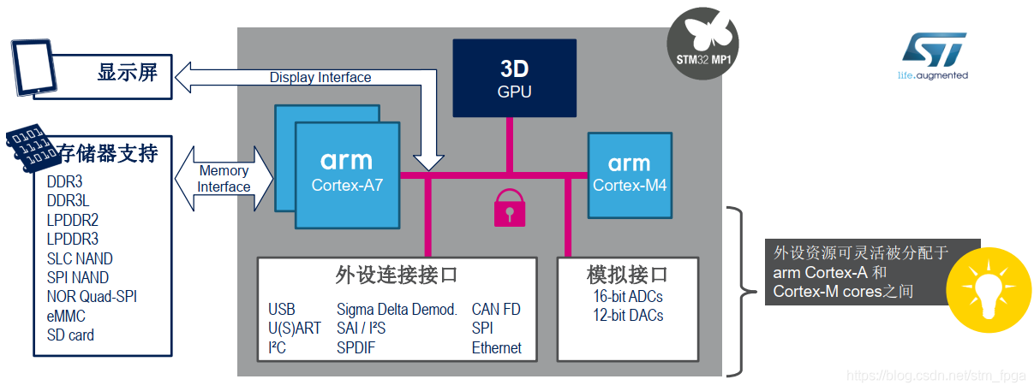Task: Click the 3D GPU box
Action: click(x=514, y=78)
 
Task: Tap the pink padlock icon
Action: click(x=510, y=207)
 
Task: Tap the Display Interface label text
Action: click(x=320, y=77)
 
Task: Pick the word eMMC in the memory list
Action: click(x=66, y=316)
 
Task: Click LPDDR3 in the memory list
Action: click(x=72, y=239)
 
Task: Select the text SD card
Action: click(x=70, y=335)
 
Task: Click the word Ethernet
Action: click(x=496, y=347)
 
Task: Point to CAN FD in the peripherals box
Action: click(x=496, y=309)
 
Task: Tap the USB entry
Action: click(x=282, y=309)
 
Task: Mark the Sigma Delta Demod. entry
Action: click(x=397, y=309)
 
